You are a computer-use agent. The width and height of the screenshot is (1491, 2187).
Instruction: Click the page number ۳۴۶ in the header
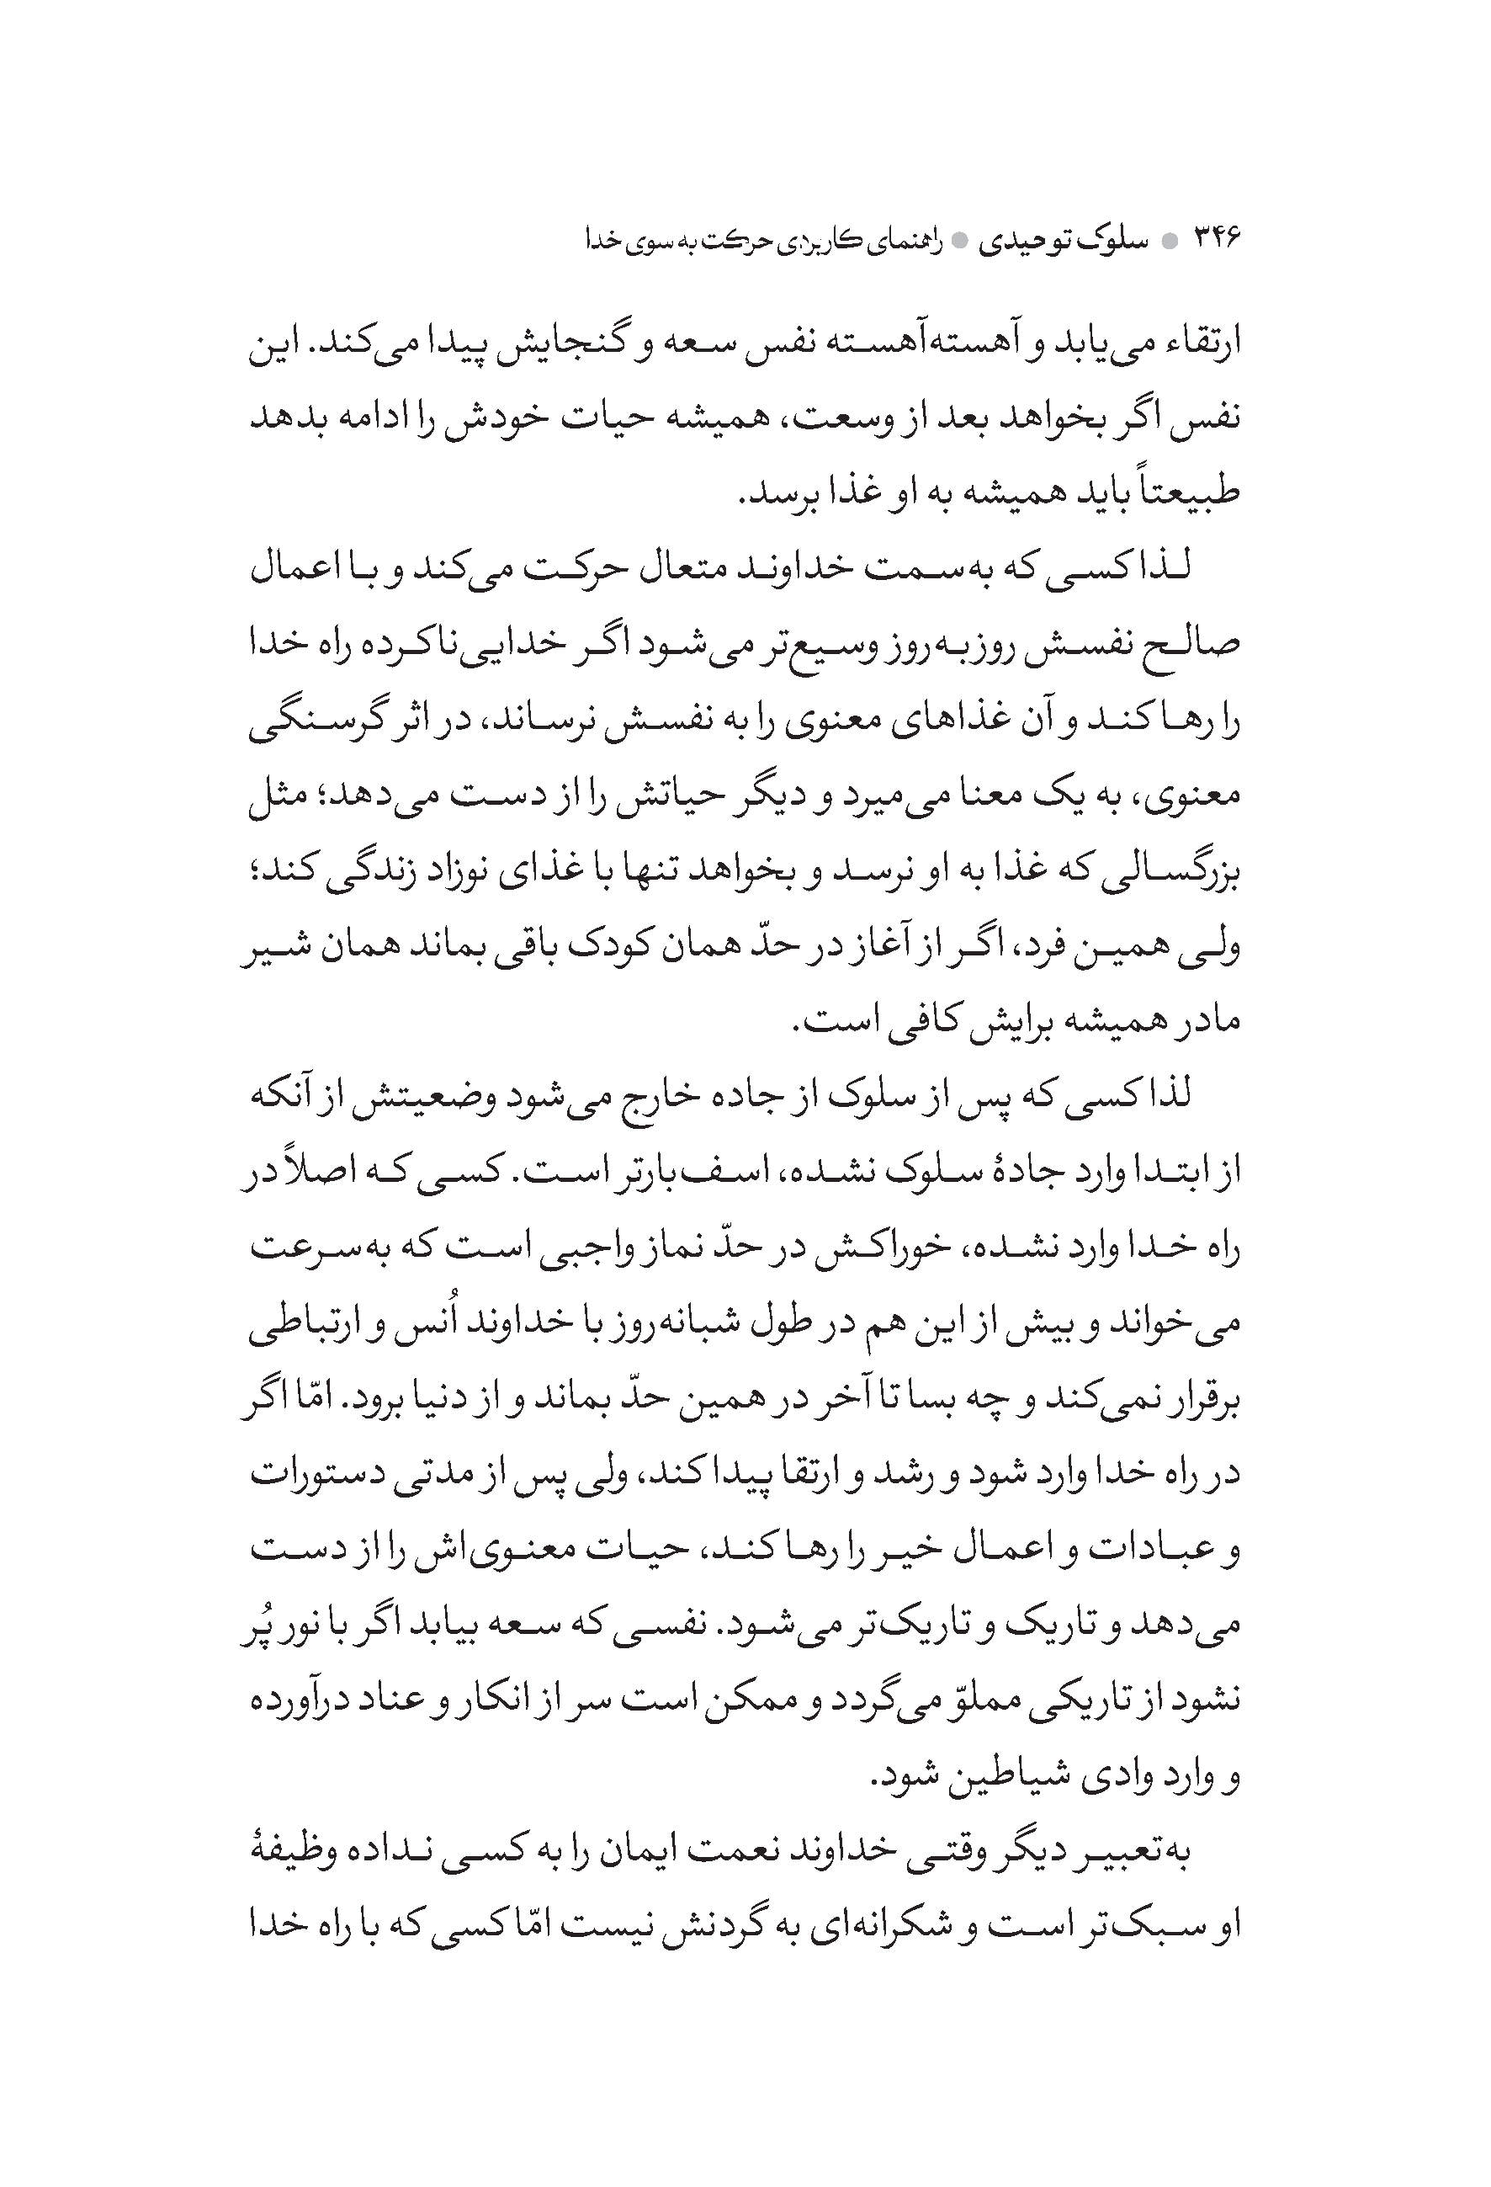(x=1218, y=239)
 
